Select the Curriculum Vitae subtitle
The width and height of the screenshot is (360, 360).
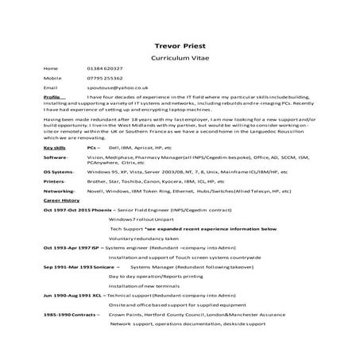tap(180, 60)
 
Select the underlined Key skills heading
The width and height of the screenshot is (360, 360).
tap(56, 148)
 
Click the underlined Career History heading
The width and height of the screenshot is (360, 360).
tap(60, 201)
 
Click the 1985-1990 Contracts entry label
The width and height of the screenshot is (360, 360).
tap(71, 315)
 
